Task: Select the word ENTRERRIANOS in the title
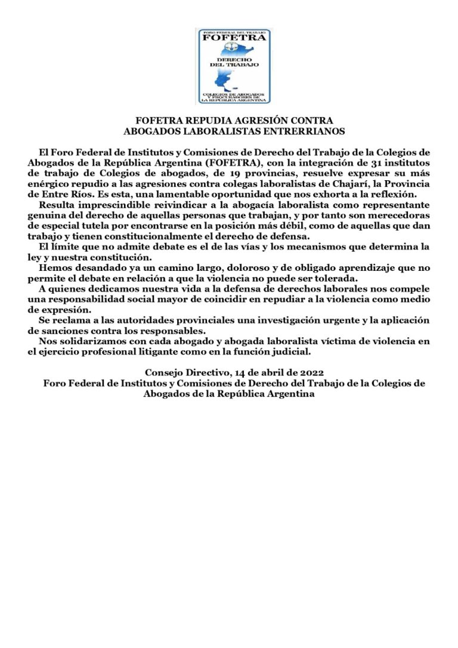click(x=310, y=130)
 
